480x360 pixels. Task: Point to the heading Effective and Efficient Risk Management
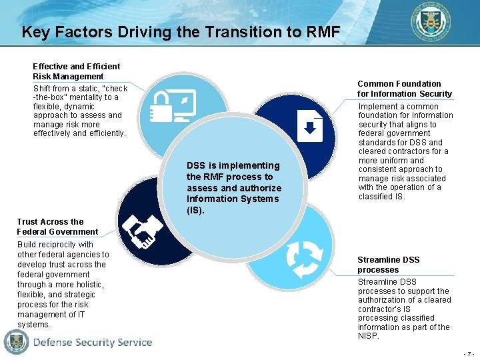[x=76, y=71]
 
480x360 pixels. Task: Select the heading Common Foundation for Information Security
[x=404, y=89]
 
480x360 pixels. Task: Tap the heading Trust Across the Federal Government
[x=57, y=227]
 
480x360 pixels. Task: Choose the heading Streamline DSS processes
[x=389, y=265]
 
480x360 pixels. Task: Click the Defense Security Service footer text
[x=93, y=343]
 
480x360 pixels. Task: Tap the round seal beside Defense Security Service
[x=17, y=342]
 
